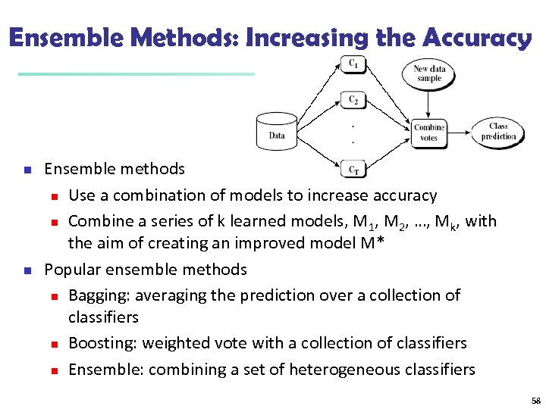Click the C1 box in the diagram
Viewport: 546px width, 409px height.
[x=354, y=65]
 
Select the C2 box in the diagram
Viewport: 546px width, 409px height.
[x=354, y=100]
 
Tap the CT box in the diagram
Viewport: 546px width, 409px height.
[x=354, y=169]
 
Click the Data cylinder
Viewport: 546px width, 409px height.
[x=278, y=132]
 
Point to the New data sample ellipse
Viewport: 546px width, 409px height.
[x=428, y=73]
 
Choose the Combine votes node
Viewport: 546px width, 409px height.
[x=429, y=133]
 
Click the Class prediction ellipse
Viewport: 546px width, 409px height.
[x=498, y=132]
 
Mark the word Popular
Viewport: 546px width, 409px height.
[x=72, y=269]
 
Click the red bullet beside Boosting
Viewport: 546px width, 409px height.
[x=54, y=344]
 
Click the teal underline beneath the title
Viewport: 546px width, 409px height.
[x=136, y=74]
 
